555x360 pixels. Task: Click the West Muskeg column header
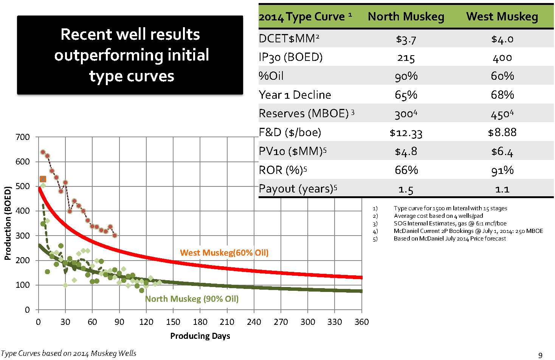click(x=502, y=17)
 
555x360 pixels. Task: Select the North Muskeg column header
click(x=406, y=17)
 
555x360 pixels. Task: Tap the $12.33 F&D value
click(x=406, y=133)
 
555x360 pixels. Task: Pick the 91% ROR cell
click(x=502, y=171)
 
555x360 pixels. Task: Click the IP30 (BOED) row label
click(x=290, y=57)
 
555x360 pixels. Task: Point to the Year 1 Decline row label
click(x=295, y=95)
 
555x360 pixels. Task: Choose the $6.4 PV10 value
click(x=502, y=152)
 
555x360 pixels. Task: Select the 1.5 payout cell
click(x=406, y=189)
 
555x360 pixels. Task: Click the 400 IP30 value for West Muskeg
click(x=502, y=58)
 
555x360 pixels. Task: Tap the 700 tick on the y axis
click(x=22, y=137)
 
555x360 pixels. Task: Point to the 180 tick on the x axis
click(x=200, y=322)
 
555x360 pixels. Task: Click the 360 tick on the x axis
click(x=362, y=322)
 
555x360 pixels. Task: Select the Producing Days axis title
click(x=200, y=336)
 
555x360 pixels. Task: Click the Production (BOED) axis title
click(x=7, y=223)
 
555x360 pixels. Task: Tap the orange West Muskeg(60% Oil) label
click(x=224, y=253)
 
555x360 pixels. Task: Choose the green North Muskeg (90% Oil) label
click(x=192, y=299)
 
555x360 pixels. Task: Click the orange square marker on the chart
click(x=43, y=179)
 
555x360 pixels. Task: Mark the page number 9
click(x=540, y=355)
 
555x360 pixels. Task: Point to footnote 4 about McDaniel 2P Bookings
click(x=468, y=231)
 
